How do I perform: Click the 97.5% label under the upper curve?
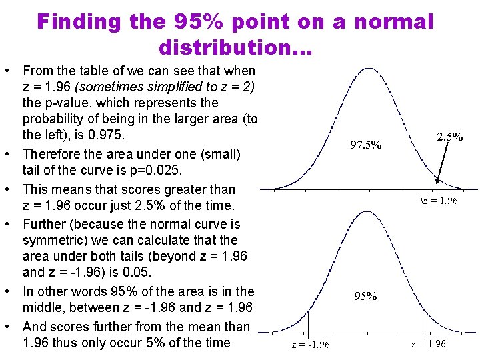click(366, 145)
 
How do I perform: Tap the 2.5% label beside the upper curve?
click(450, 137)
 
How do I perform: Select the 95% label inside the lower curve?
click(365, 296)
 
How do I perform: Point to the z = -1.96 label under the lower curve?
click(311, 344)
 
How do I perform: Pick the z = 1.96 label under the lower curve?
click(429, 344)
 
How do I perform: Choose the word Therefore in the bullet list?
click(51, 154)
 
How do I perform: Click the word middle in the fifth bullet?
click(43, 307)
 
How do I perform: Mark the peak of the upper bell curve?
click(365, 69)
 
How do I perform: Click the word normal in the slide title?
click(393, 22)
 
